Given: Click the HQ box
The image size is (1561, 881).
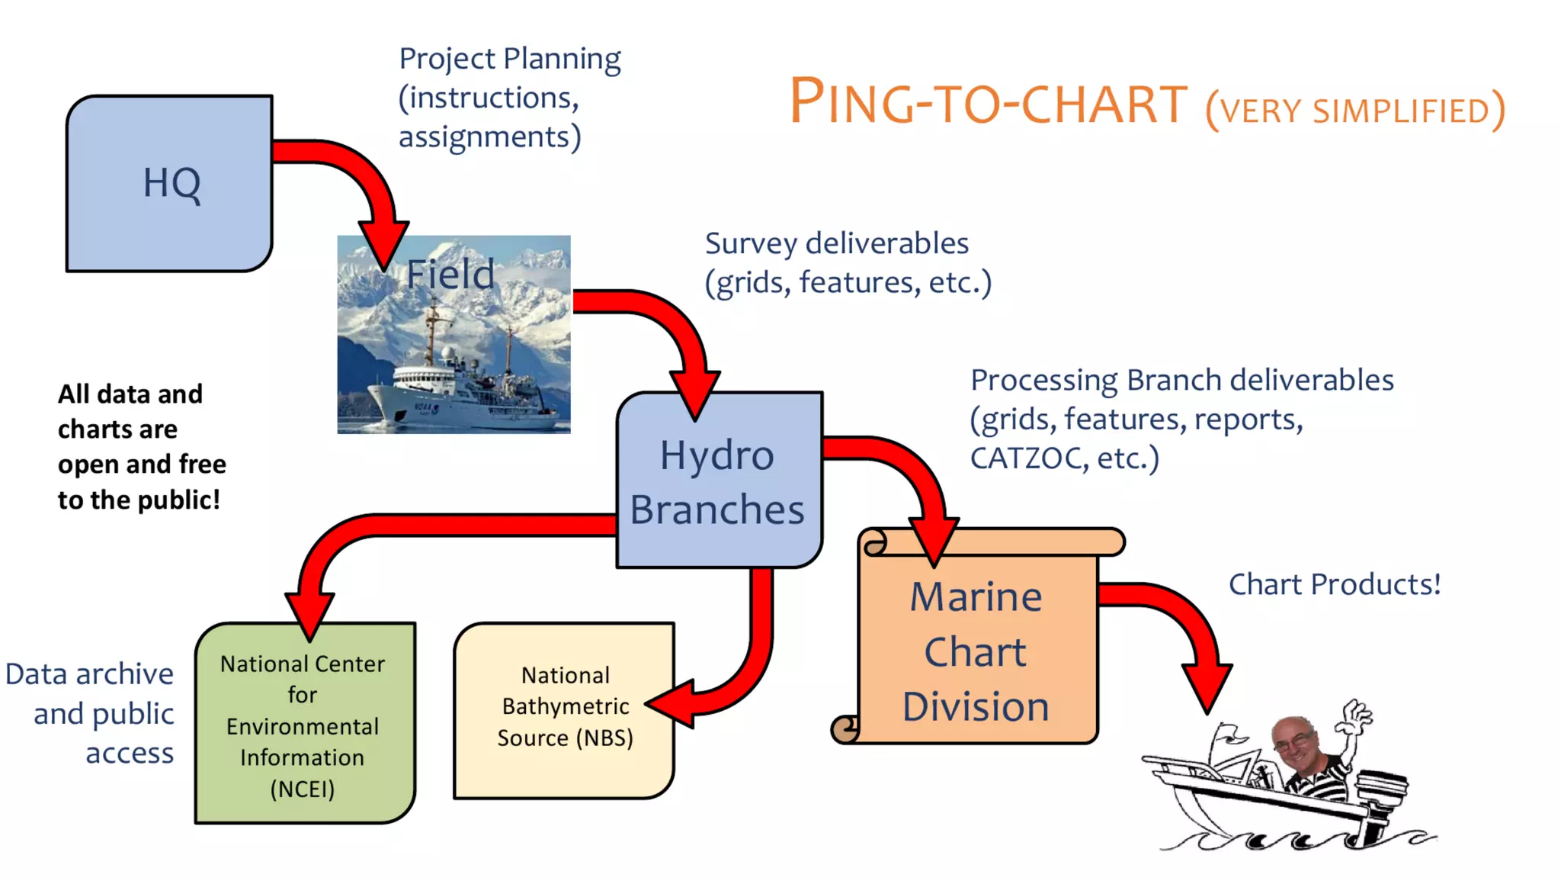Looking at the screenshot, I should [x=169, y=183].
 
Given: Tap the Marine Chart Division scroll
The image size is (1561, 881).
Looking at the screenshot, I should [x=977, y=652].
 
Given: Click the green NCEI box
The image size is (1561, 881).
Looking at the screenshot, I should [x=303, y=725].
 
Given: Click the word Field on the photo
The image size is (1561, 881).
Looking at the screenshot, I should [x=450, y=275].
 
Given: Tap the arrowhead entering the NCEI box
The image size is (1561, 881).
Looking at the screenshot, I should [x=309, y=614].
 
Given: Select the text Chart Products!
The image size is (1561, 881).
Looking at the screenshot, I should [x=1335, y=584].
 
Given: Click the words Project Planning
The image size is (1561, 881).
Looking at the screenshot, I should [x=510, y=59].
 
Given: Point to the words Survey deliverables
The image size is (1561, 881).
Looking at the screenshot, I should [x=836, y=243].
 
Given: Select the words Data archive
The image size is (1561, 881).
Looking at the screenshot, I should [x=89, y=674].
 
